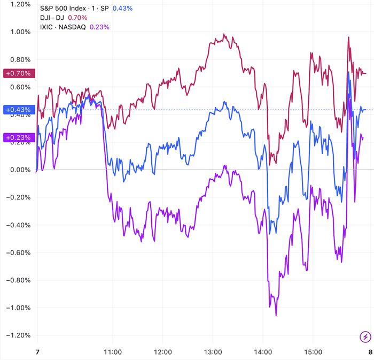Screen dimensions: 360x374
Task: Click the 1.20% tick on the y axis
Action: pos(17,4)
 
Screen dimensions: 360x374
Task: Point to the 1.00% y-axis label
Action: pos(17,32)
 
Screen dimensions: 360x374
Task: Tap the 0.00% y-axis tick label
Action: pos(17,170)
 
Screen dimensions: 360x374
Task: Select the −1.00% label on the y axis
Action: pos(16,308)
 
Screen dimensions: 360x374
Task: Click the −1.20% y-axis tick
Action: pos(16,335)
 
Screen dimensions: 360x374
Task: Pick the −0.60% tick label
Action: pos(16,252)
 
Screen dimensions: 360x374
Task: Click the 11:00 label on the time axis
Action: pos(113,353)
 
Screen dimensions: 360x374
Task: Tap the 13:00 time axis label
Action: pos(213,353)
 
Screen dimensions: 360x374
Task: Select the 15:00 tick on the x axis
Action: pos(313,353)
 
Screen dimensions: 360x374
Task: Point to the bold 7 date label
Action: pos(37,353)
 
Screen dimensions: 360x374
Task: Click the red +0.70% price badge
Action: pos(18,73)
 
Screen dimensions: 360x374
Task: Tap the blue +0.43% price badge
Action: pos(18,110)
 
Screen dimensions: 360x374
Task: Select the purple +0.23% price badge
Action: pos(18,137)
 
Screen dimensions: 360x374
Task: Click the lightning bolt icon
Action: pos(365,337)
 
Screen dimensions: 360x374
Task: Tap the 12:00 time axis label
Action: pos(163,353)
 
